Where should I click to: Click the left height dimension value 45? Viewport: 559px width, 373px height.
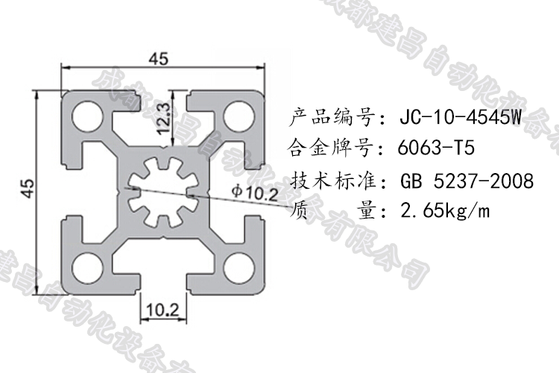pyautogui.click(x=27, y=189)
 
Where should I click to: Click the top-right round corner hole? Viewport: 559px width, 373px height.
pyautogui.click(x=241, y=116)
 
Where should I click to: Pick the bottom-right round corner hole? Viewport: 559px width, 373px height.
pyautogui.click(x=241, y=265)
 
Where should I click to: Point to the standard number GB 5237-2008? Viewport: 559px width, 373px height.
pyautogui.click(x=467, y=181)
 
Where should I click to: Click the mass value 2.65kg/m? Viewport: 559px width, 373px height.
pyautogui.click(x=445, y=212)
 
